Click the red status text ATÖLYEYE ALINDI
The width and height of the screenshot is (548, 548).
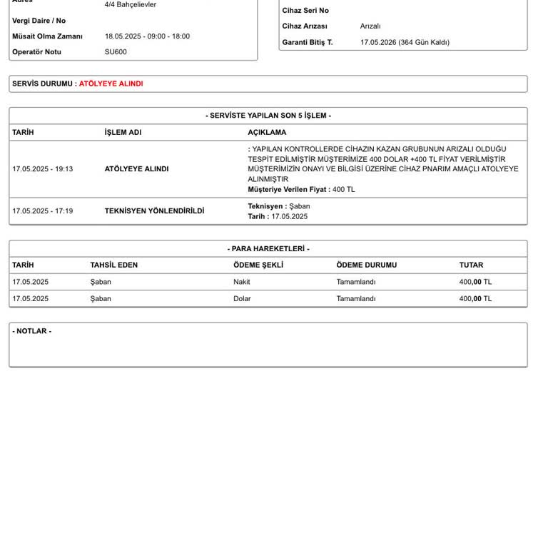111,83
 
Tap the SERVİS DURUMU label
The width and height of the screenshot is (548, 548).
42,83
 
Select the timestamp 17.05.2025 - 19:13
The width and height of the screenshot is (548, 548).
42,169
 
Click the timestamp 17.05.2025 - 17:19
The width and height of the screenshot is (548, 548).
42,211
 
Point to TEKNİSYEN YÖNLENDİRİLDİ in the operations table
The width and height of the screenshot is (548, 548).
154,211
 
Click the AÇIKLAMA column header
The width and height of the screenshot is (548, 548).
267,132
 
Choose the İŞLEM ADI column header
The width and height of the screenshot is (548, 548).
123,132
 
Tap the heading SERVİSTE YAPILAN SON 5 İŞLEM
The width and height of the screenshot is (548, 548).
268,116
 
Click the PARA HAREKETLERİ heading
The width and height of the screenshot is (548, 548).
268,249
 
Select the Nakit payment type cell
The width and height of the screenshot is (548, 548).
242,282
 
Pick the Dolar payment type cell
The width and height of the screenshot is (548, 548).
242,299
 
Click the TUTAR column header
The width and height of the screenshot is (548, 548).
471,265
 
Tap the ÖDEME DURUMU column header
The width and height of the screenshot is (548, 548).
366,265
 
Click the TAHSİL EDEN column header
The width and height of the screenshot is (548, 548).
114,265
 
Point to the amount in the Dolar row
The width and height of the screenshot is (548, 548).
475,299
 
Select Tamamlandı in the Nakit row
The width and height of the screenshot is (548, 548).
356,282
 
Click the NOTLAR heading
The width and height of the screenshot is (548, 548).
31,331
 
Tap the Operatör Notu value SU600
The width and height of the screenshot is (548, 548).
116,52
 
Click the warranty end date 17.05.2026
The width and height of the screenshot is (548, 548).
378,42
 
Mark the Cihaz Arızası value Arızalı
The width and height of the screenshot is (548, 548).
370,26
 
